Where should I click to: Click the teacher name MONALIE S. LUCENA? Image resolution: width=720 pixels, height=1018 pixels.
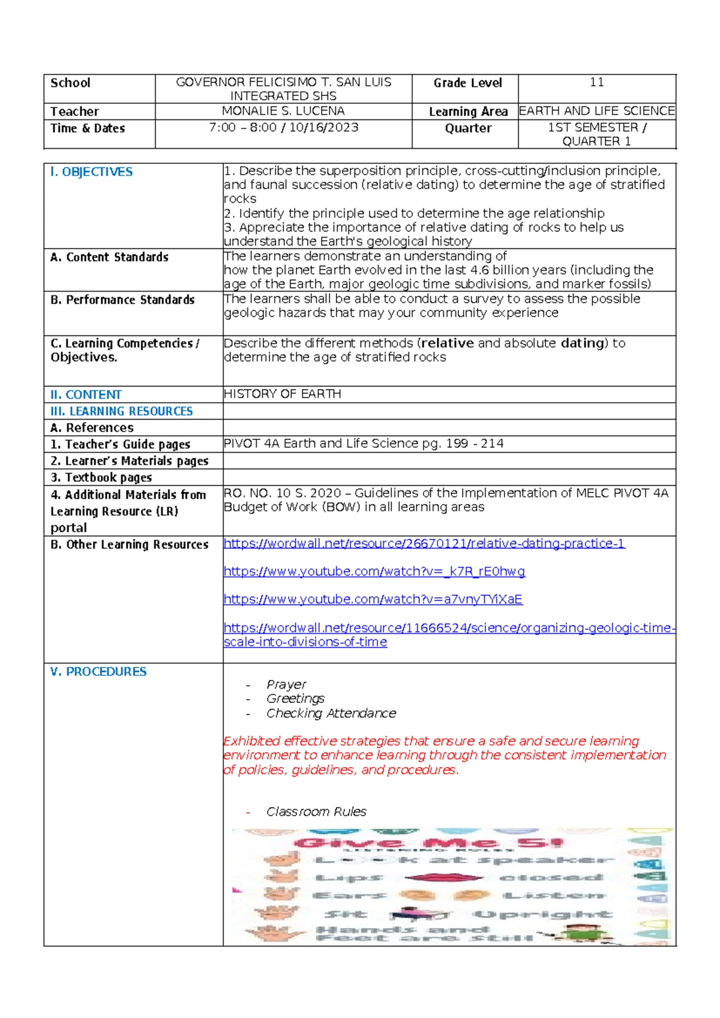pyautogui.click(x=283, y=111)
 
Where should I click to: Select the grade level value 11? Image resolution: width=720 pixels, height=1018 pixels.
pyautogui.click(x=596, y=82)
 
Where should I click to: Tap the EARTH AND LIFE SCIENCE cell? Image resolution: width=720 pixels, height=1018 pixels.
pyautogui.click(x=596, y=111)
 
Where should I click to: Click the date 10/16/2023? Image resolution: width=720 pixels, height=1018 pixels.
pyautogui.click(x=324, y=127)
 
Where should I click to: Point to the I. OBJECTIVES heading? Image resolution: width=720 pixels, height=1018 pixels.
pyautogui.click(x=91, y=172)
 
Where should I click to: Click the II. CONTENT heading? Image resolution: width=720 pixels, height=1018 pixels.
pyautogui.click(x=86, y=394)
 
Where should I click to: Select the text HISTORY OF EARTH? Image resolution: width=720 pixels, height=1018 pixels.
pyautogui.click(x=282, y=394)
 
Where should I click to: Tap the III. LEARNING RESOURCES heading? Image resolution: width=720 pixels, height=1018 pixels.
pyautogui.click(x=122, y=411)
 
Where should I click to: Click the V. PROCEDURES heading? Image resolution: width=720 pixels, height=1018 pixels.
pyautogui.click(x=98, y=672)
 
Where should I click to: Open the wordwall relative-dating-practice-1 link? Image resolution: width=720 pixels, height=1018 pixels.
pyautogui.click(x=424, y=543)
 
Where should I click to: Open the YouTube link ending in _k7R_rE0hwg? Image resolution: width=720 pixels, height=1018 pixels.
pyautogui.click(x=374, y=571)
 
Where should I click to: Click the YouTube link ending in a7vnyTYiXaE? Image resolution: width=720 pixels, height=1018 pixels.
pyautogui.click(x=373, y=599)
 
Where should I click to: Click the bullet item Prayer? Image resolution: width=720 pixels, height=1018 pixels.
pyautogui.click(x=286, y=684)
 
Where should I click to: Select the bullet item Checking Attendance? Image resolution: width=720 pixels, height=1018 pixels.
pyautogui.click(x=331, y=713)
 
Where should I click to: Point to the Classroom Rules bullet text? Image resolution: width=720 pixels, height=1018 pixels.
pyautogui.click(x=316, y=812)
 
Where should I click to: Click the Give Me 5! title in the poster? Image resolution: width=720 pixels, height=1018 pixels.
pyautogui.click(x=428, y=843)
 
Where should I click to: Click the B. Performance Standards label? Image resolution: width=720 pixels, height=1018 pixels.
pyautogui.click(x=122, y=300)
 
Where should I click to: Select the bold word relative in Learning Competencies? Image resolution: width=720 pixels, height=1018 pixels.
pyautogui.click(x=448, y=343)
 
